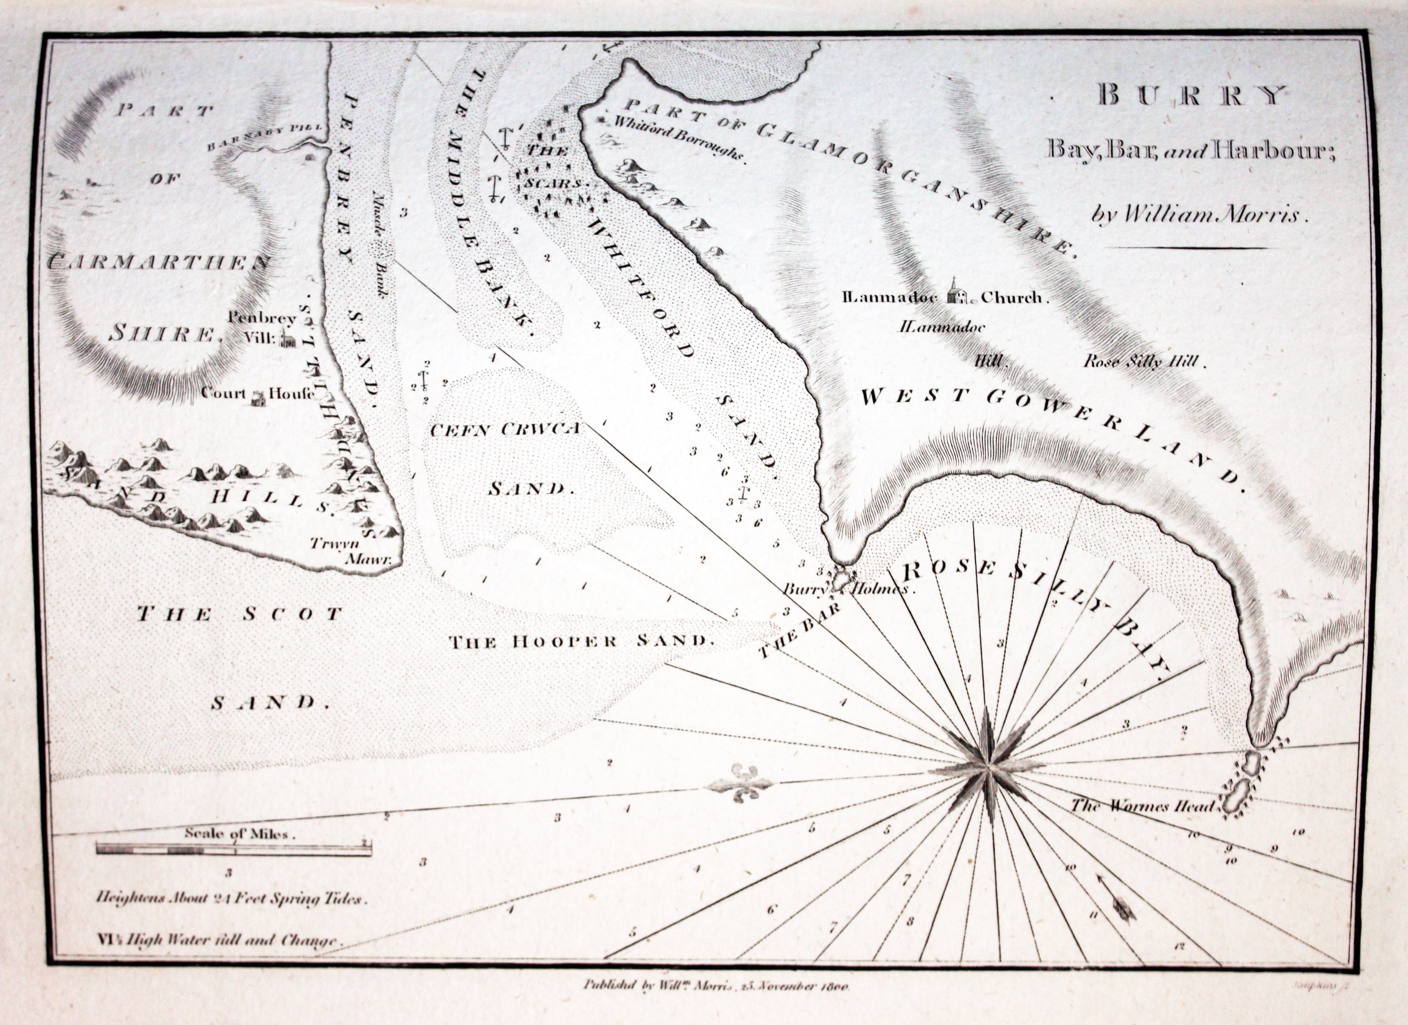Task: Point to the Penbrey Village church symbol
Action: [287, 338]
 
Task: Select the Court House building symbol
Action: [257, 397]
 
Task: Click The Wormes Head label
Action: [1142, 806]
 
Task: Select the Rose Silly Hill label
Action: [1143, 362]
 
